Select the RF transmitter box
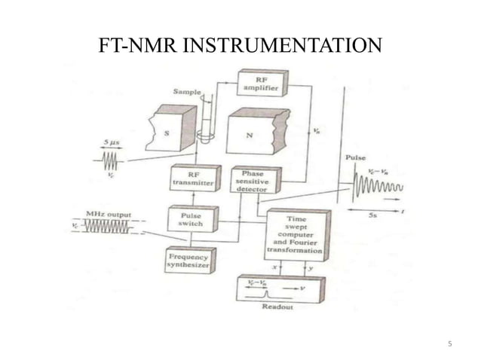pyautogui.click(x=191, y=177)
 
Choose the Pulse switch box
pyautogui.click(x=191, y=218)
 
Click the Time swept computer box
pyautogui.click(x=297, y=234)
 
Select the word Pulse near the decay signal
pyautogui.click(x=356, y=158)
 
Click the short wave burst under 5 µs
pyautogui.click(x=111, y=160)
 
